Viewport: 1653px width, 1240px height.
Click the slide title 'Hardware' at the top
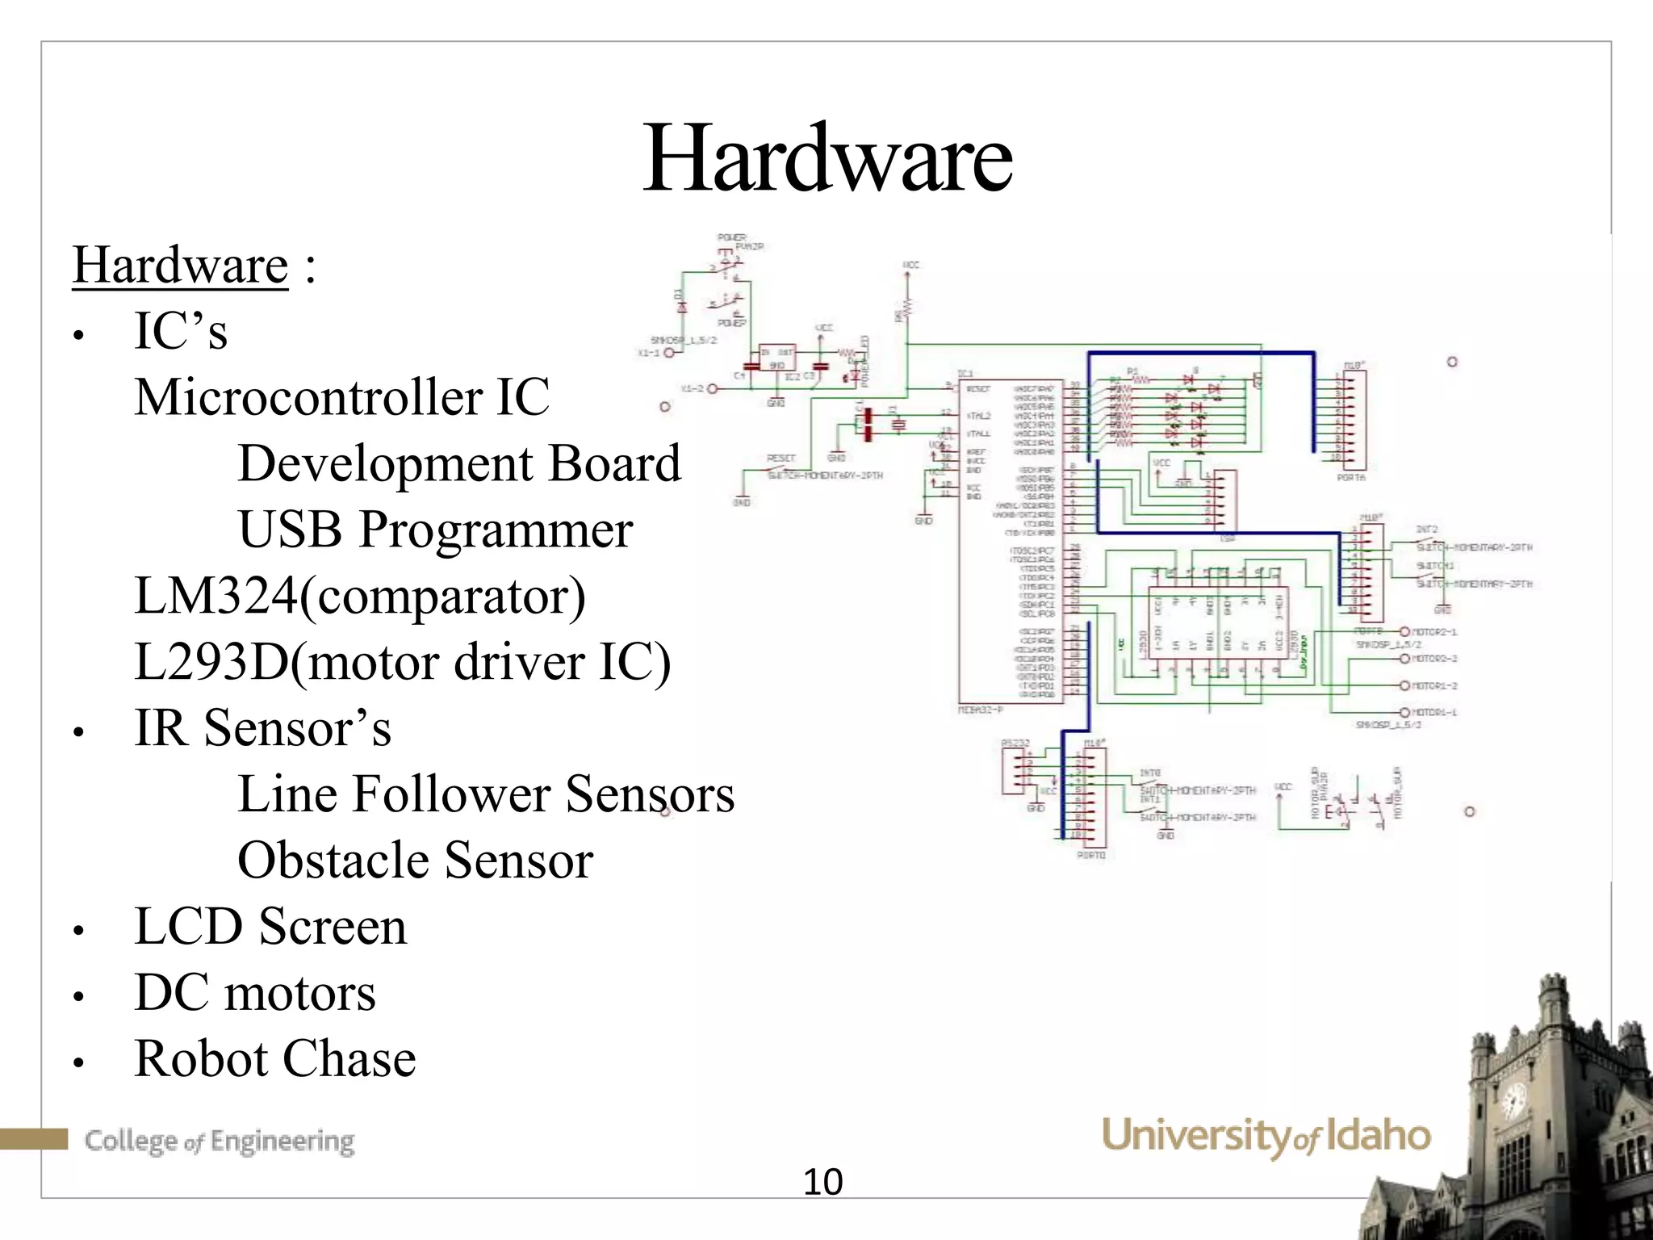(826, 159)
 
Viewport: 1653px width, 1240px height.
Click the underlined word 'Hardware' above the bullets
(180, 265)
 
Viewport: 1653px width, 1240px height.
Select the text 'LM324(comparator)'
(360, 596)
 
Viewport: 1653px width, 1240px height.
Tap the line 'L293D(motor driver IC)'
(402, 662)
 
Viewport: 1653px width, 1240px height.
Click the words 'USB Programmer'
(435, 530)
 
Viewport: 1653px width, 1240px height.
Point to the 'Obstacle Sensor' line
(415, 860)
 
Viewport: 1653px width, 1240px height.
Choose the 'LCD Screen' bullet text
(270, 926)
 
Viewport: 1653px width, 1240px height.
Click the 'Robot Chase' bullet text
(274, 1058)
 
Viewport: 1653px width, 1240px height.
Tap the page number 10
(822, 1183)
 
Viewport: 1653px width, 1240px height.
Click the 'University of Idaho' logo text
(1265, 1136)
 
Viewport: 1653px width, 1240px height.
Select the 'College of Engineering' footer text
(220, 1141)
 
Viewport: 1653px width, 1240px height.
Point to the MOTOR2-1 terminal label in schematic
(1434, 631)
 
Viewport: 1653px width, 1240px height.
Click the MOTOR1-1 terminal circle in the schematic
(1404, 713)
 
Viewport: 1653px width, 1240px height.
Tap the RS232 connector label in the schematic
(1015, 743)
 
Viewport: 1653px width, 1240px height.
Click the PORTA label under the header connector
(1350, 478)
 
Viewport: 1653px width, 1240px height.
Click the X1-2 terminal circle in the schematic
(713, 389)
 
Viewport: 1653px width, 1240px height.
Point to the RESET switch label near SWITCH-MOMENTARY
(780, 458)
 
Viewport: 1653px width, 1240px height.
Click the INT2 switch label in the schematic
(1426, 530)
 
